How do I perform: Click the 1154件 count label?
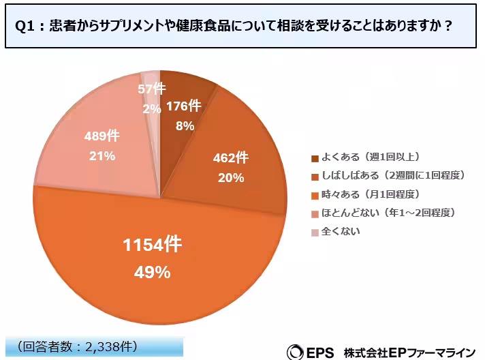click(x=153, y=244)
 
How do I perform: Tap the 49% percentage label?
click(x=153, y=272)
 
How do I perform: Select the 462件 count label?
click(x=231, y=159)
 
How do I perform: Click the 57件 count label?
click(x=151, y=89)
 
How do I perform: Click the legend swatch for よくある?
click(x=315, y=159)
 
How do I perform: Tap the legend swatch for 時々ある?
click(x=315, y=195)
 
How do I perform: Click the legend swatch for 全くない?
click(x=315, y=231)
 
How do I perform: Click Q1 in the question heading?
click(x=25, y=26)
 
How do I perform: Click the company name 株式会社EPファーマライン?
click(x=409, y=352)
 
